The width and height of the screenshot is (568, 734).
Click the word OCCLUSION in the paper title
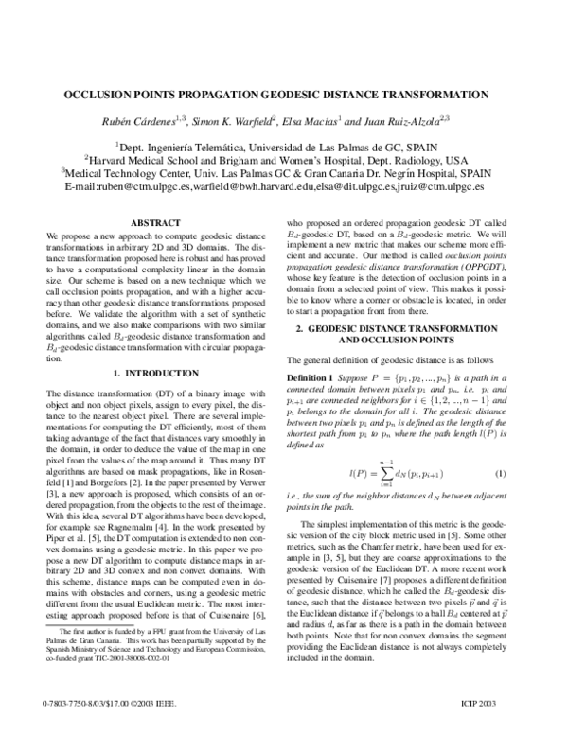point(101,96)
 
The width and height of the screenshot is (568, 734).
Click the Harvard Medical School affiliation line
point(284,160)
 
